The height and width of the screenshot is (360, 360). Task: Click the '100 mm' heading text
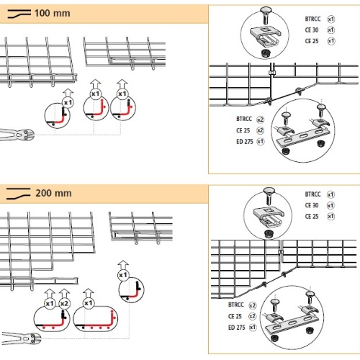click(53, 14)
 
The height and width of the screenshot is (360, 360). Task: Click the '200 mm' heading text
click(53, 193)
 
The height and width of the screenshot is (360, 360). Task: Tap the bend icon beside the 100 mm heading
click(19, 14)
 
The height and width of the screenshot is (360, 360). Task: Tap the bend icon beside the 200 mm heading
click(18, 194)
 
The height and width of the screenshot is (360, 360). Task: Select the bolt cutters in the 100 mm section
click(17, 134)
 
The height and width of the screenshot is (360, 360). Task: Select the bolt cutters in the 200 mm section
click(21, 338)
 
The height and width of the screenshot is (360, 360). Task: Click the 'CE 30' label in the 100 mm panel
click(312, 30)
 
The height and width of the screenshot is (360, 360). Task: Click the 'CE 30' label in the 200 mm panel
click(312, 205)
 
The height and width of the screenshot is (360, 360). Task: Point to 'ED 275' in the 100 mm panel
click(245, 142)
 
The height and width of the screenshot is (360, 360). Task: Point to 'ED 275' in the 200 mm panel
click(236, 328)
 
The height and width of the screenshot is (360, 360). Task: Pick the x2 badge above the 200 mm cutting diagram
click(64, 304)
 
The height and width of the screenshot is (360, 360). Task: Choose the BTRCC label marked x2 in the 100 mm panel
click(244, 119)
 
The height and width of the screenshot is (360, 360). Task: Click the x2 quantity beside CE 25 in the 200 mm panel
click(252, 316)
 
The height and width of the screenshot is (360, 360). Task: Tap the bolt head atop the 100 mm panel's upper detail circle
click(266, 11)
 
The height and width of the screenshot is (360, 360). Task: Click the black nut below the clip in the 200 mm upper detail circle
click(268, 233)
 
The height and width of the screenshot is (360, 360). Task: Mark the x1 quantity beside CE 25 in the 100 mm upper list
click(331, 41)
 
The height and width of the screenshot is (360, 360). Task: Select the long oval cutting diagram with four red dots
click(95, 319)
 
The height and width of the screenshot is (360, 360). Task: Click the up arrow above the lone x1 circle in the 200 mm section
click(123, 266)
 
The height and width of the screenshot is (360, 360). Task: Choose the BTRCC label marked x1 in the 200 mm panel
click(312, 194)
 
